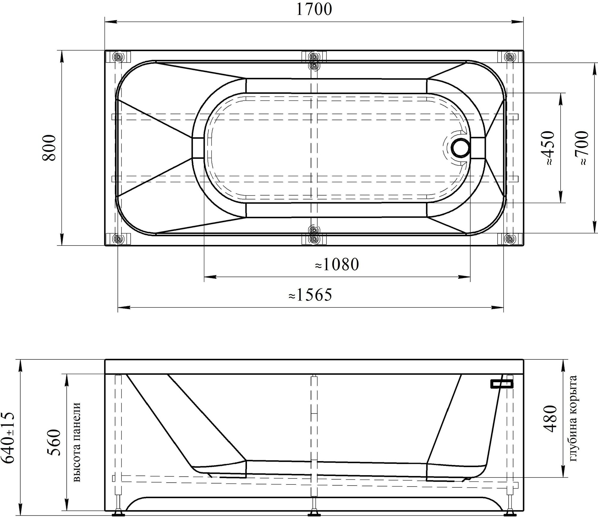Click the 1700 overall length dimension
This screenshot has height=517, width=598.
click(314, 10)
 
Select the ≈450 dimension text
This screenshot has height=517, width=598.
click(548, 148)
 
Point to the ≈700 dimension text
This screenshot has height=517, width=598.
click(582, 148)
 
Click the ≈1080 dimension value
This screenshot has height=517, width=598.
click(337, 264)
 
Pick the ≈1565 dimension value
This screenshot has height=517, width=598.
click(310, 295)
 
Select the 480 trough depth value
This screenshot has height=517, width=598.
click(550, 419)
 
